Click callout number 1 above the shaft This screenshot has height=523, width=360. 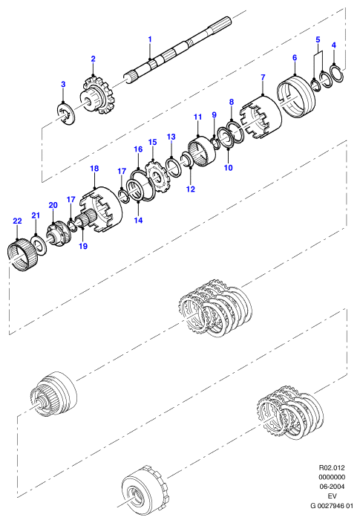pyautogui.click(x=150, y=39)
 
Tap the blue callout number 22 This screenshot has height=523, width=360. pyautogui.click(x=17, y=221)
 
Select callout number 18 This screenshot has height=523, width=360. pyautogui.click(x=95, y=168)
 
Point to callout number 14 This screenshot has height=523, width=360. pyautogui.click(x=138, y=220)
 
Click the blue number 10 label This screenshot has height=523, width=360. pyautogui.click(x=229, y=167)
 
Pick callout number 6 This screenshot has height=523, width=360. pyautogui.click(x=295, y=58)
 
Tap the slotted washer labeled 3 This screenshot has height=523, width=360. pyautogui.click(x=65, y=115)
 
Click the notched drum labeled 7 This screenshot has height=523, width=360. pyautogui.click(x=261, y=117)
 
